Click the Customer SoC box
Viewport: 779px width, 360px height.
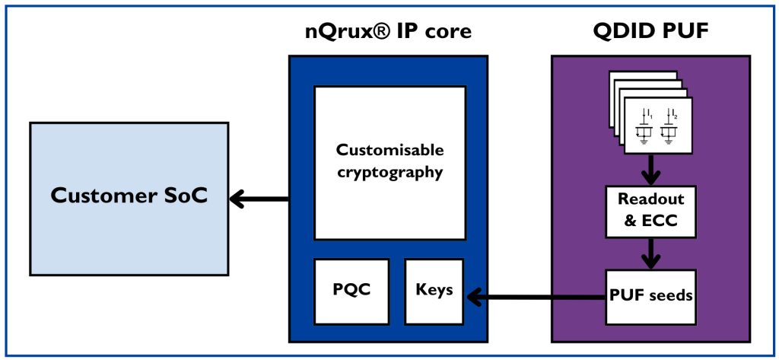(x=129, y=198)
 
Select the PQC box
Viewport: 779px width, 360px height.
(x=351, y=291)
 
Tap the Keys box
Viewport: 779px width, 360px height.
(x=434, y=291)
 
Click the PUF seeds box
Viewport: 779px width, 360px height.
(x=650, y=295)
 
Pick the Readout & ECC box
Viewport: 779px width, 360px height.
(x=650, y=210)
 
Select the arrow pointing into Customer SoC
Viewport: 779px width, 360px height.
(x=259, y=199)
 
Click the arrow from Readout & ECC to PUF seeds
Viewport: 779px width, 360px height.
(x=650, y=252)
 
